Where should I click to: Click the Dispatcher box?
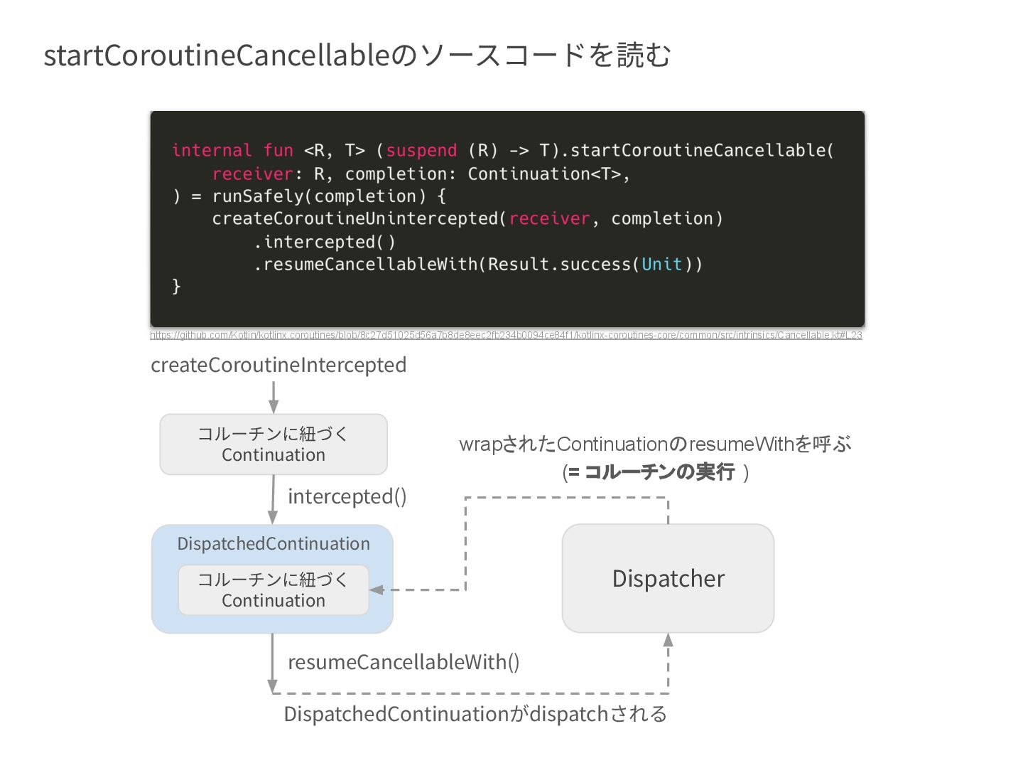pyautogui.click(x=668, y=578)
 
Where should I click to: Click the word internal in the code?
pyautogui.click(x=212, y=150)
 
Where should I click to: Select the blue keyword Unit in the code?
pyautogui.click(x=661, y=265)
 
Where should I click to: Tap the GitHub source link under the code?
pyautogui.click(x=506, y=335)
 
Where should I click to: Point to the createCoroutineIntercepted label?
pyautogui.click(x=278, y=365)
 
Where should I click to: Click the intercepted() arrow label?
pyautogui.click(x=347, y=496)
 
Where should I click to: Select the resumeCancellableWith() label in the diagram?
pyautogui.click(x=404, y=662)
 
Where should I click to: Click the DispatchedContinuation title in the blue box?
pyautogui.click(x=274, y=544)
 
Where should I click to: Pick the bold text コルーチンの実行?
pyautogui.click(x=659, y=471)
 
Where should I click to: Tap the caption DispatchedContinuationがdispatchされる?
pyautogui.click(x=475, y=714)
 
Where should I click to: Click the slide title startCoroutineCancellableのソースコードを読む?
pyautogui.click(x=357, y=55)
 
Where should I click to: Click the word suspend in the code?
pyautogui.click(x=421, y=150)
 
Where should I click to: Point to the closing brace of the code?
pyautogui.click(x=176, y=287)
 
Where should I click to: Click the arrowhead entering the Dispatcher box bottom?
pyautogui.click(x=668, y=639)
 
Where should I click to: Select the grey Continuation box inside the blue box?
pyautogui.click(x=274, y=590)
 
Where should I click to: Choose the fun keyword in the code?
pyautogui.click(x=278, y=150)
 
